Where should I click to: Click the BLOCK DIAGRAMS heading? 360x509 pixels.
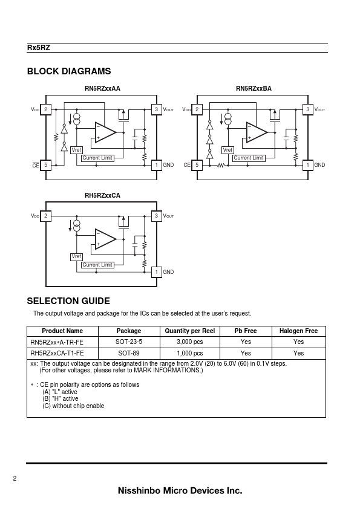click(x=69, y=71)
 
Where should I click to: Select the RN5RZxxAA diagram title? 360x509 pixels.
click(x=102, y=89)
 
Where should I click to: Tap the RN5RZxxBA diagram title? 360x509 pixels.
click(x=254, y=89)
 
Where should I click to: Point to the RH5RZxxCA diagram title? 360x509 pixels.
click(x=102, y=195)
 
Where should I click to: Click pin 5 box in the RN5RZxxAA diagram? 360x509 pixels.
click(x=46, y=165)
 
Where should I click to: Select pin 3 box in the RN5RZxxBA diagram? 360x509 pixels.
click(x=308, y=109)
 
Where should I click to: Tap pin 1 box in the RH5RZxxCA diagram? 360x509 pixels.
click(x=157, y=272)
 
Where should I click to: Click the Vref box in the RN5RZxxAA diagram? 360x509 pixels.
click(x=76, y=150)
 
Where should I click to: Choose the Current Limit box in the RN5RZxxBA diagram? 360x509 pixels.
click(x=249, y=158)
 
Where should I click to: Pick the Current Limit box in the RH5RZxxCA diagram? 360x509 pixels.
click(x=97, y=265)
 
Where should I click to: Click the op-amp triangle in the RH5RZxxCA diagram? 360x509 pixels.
click(x=105, y=239)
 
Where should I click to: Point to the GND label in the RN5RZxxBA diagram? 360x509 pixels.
click(x=319, y=165)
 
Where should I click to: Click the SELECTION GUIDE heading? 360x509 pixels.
click(x=68, y=301)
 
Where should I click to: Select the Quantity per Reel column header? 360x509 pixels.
click(x=190, y=331)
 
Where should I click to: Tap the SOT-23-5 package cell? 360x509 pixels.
click(x=129, y=342)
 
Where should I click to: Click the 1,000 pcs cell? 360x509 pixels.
click(x=190, y=353)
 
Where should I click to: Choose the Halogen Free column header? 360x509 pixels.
click(x=299, y=331)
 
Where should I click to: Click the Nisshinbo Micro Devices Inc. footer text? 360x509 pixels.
click(x=180, y=490)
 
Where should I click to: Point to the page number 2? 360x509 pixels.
click(x=15, y=478)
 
